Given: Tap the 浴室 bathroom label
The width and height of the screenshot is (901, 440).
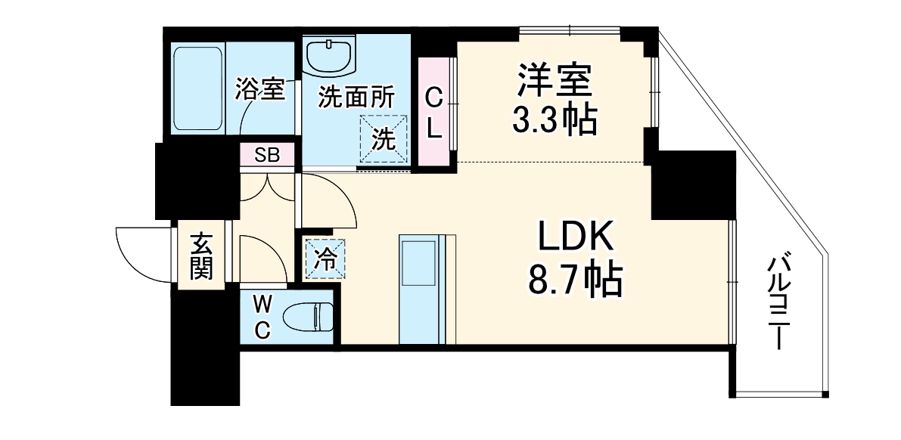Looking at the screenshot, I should tap(259, 90).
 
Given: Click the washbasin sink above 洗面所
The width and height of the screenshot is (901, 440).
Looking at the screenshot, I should tap(329, 56).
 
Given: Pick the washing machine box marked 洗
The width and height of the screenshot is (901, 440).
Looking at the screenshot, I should tap(384, 138).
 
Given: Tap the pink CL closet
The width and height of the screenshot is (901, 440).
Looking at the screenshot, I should tap(433, 112).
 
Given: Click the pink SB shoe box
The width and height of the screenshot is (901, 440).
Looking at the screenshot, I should tap(267, 156).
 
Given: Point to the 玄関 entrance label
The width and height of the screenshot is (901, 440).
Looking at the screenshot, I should tap(200, 257).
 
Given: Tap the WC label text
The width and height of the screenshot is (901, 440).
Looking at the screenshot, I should tap(262, 317).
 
